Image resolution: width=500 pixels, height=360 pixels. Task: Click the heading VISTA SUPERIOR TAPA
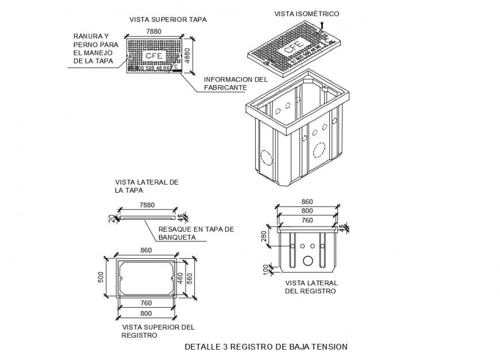168,19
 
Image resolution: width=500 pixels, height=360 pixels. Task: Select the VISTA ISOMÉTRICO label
306,13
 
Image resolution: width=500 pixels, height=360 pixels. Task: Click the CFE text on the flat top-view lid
153,56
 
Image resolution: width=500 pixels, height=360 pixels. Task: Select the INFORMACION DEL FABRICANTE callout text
236,83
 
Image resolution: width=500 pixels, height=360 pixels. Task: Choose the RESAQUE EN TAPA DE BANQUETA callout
196,232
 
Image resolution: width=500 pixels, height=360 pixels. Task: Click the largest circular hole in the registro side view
309,261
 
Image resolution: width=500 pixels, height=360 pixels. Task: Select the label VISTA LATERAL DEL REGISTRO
311,287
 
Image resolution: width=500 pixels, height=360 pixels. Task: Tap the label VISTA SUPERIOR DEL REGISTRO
158,331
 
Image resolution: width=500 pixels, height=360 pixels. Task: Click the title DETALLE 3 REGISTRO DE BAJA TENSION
266,347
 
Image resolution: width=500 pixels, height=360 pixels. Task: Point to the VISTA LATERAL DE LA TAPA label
147,186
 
